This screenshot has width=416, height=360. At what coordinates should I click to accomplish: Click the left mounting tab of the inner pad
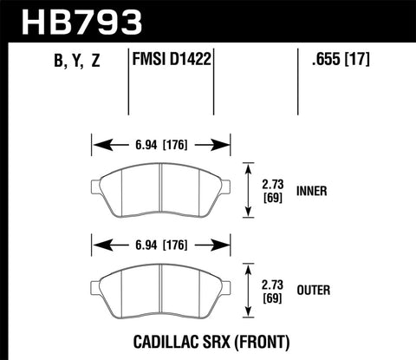(95, 185)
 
